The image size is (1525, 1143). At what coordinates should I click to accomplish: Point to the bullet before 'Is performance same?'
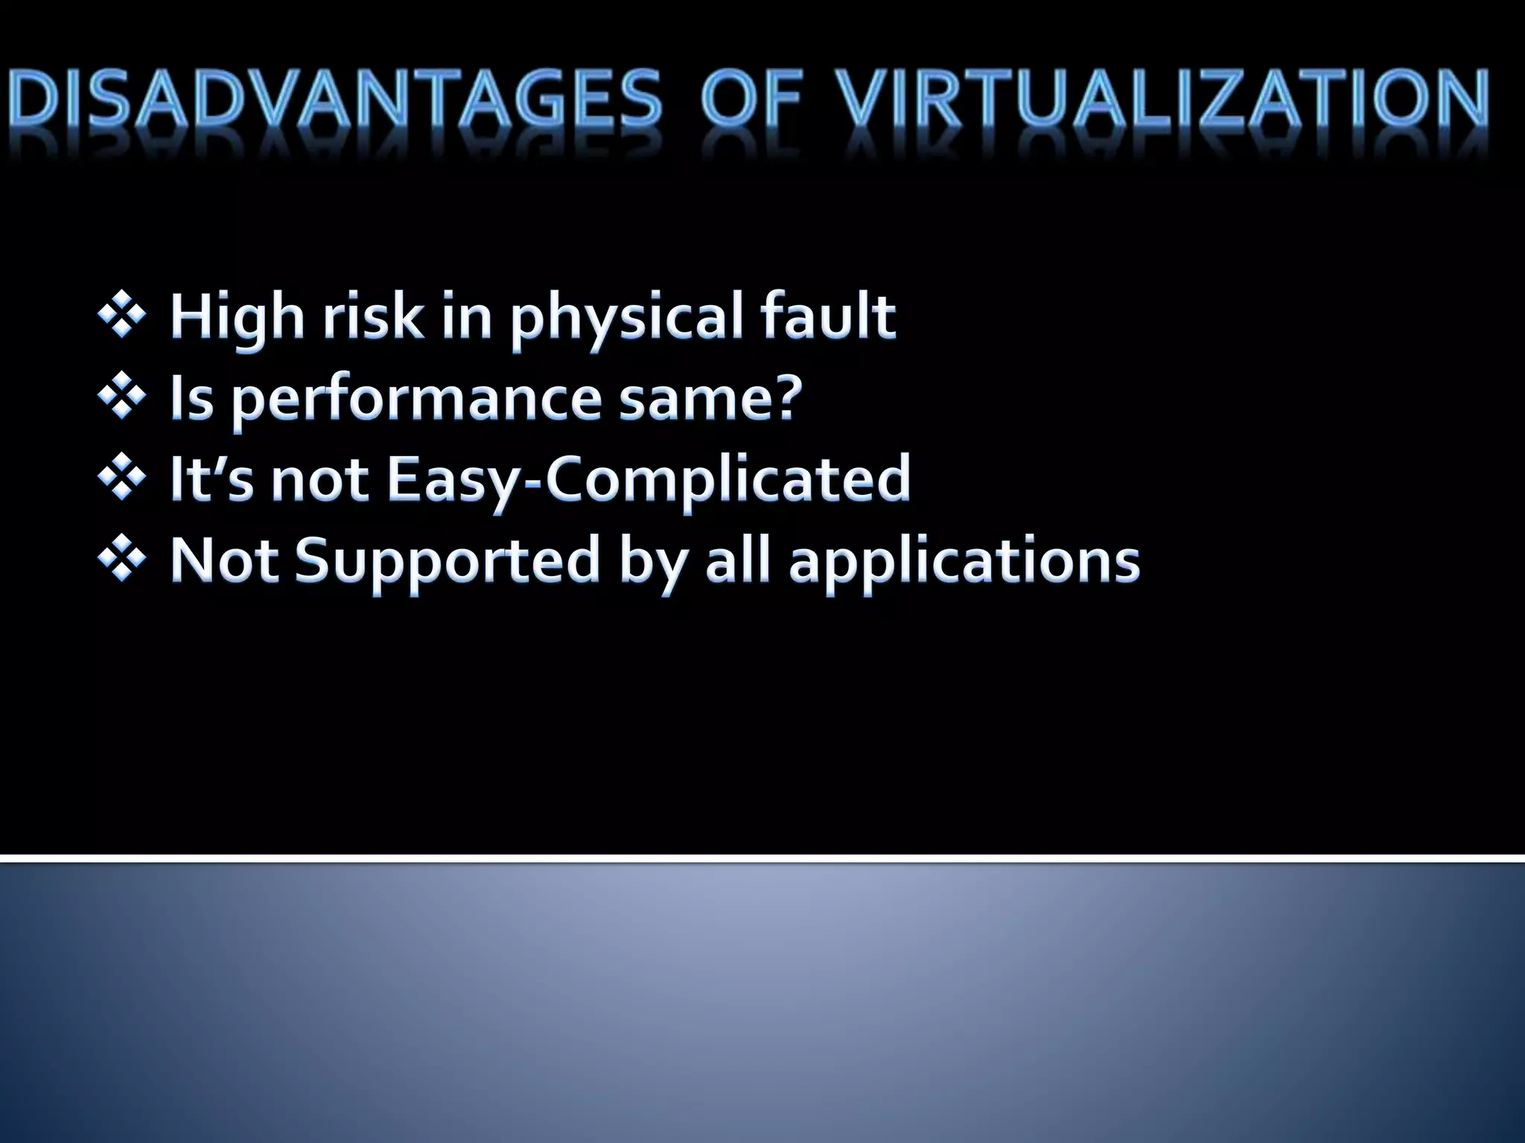click(x=121, y=397)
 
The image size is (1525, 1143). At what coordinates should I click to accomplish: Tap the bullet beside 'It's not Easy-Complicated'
click(x=121, y=478)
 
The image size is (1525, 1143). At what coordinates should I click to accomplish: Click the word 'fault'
click(x=827, y=316)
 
